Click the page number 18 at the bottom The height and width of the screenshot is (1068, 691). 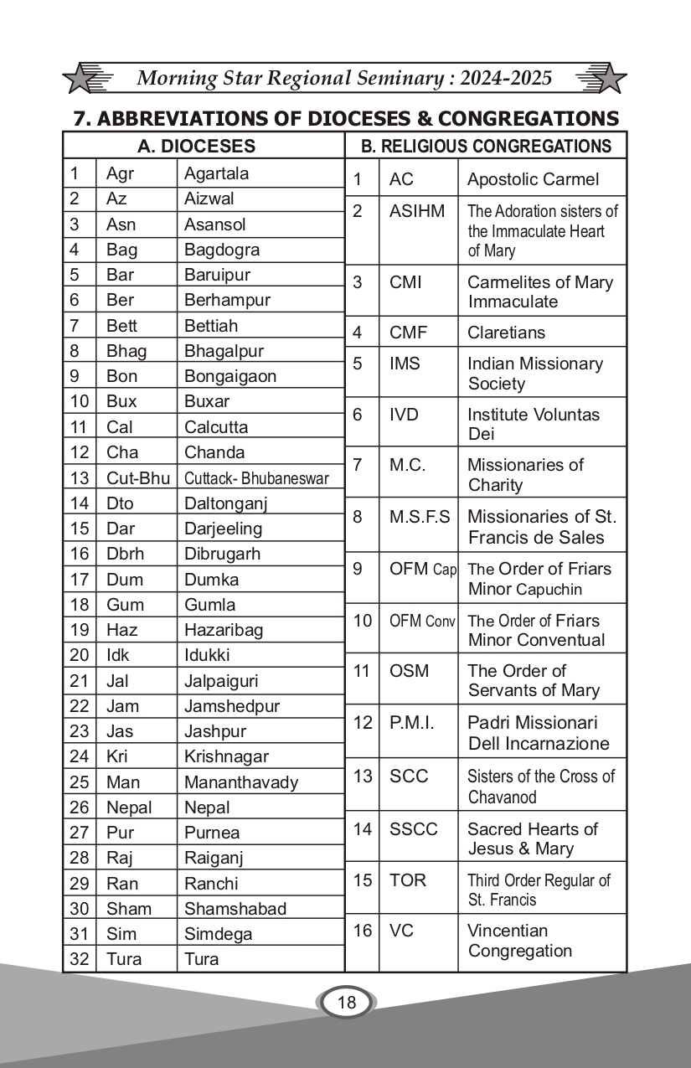coord(346,1002)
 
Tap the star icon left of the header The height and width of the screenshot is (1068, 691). coord(86,79)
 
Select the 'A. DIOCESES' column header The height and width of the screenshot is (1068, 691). coord(196,147)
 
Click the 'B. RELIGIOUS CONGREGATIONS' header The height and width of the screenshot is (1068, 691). coord(486,147)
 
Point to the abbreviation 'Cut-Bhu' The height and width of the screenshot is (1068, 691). coord(137,478)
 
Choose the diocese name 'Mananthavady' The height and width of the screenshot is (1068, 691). coord(240,782)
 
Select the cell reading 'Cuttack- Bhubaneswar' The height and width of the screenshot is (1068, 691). coord(256,478)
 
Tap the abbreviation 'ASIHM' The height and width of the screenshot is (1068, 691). coord(417,211)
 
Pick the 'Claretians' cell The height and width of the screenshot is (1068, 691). coord(506,333)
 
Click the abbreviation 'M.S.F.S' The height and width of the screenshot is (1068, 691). coord(420,517)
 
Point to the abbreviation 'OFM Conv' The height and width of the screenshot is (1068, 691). coord(422,621)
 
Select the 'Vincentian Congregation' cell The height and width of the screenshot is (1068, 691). coord(519,941)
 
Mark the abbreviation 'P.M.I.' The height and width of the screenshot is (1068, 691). coord(412,722)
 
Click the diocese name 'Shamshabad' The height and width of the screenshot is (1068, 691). coord(235,909)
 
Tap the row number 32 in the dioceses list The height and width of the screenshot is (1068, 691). coord(79,959)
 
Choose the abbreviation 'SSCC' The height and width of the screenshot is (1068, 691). coord(414,829)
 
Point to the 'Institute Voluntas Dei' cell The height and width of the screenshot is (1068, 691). coord(533,424)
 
